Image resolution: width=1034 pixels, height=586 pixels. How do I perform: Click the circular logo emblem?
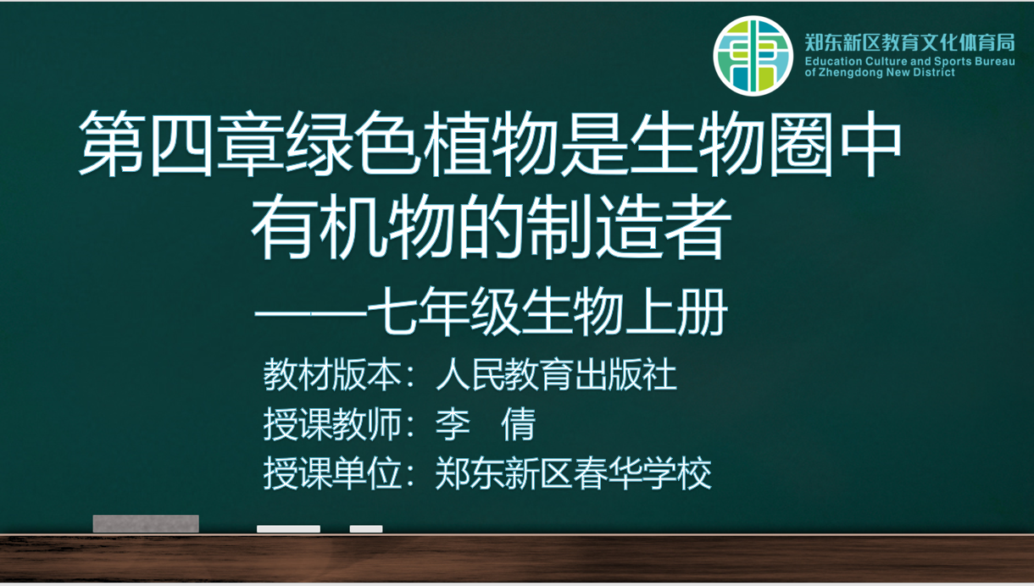(x=753, y=56)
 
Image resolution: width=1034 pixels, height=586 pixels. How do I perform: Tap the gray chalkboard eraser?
(x=146, y=523)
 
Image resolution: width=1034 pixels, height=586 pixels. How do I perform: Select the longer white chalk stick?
(x=288, y=528)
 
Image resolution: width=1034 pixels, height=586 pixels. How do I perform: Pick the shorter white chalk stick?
(x=366, y=528)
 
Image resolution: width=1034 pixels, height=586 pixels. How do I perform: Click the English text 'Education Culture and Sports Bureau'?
(x=909, y=61)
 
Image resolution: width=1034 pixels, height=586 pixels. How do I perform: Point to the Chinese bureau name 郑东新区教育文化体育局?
(x=909, y=42)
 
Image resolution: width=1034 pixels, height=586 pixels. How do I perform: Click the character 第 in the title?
(x=111, y=143)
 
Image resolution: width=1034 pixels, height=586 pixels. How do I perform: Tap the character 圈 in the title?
(x=800, y=143)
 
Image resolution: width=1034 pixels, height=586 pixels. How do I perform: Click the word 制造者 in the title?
(x=629, y=227)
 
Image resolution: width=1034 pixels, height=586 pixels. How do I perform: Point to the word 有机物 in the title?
(x=353, y=227)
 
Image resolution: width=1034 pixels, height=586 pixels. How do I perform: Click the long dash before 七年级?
(x=311, y=313)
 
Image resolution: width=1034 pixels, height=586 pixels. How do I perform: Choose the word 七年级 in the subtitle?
(x=444, y=312)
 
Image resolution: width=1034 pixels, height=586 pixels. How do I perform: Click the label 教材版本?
(x=332, y=375)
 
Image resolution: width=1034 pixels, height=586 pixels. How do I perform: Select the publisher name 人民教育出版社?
(x=556, y=375)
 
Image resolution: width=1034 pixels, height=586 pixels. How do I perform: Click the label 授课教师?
(x=332, y=424)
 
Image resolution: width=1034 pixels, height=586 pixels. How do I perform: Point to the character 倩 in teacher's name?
(x=519, y=424)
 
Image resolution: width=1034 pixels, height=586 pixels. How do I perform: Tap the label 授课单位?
(x=332, y=473)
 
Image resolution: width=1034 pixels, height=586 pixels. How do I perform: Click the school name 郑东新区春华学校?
(x=573, y=473)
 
